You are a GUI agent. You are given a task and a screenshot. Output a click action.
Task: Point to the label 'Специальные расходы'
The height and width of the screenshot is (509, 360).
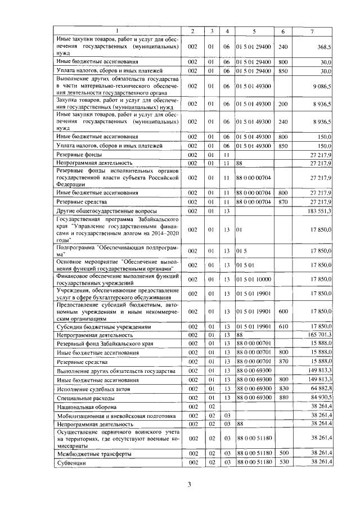tap(85, 398)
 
